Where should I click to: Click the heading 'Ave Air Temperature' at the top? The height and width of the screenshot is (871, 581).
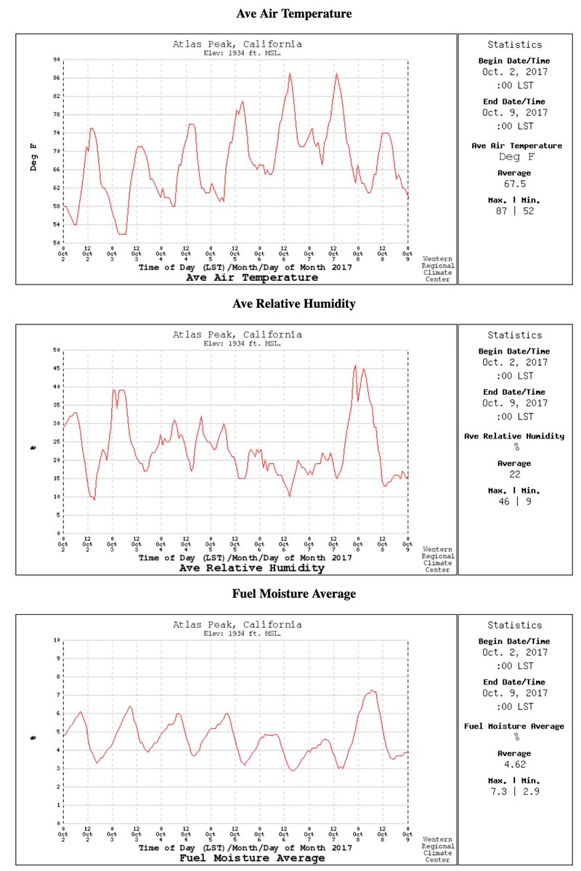point(294,14)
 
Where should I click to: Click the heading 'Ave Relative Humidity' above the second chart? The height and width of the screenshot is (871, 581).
point(294,303)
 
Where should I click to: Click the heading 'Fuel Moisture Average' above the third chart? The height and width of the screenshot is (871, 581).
point(294,594)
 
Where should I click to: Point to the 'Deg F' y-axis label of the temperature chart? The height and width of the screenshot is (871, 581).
point(33,158)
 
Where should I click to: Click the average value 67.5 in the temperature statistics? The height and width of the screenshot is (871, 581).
point(514,184)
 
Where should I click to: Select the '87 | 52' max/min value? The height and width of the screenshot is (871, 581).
point(514,210)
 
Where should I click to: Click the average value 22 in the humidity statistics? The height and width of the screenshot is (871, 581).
point(514,474)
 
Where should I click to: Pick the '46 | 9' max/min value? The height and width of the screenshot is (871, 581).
point(514,501)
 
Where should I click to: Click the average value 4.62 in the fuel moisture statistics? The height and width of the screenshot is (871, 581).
point(514,764)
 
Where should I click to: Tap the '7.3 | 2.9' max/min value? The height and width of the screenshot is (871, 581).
point(514,790)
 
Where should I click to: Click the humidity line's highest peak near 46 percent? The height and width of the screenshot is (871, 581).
point(355,366)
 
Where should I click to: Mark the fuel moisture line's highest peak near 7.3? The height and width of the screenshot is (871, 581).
point(372,690)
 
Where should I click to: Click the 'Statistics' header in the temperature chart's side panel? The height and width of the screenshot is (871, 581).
point(514,45)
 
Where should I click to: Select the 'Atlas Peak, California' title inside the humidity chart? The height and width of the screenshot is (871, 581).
point(237,335)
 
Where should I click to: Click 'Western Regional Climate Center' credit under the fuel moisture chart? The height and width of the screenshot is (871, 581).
point(438,853)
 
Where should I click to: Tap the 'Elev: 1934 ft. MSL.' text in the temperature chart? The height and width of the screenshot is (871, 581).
point(237,53)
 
